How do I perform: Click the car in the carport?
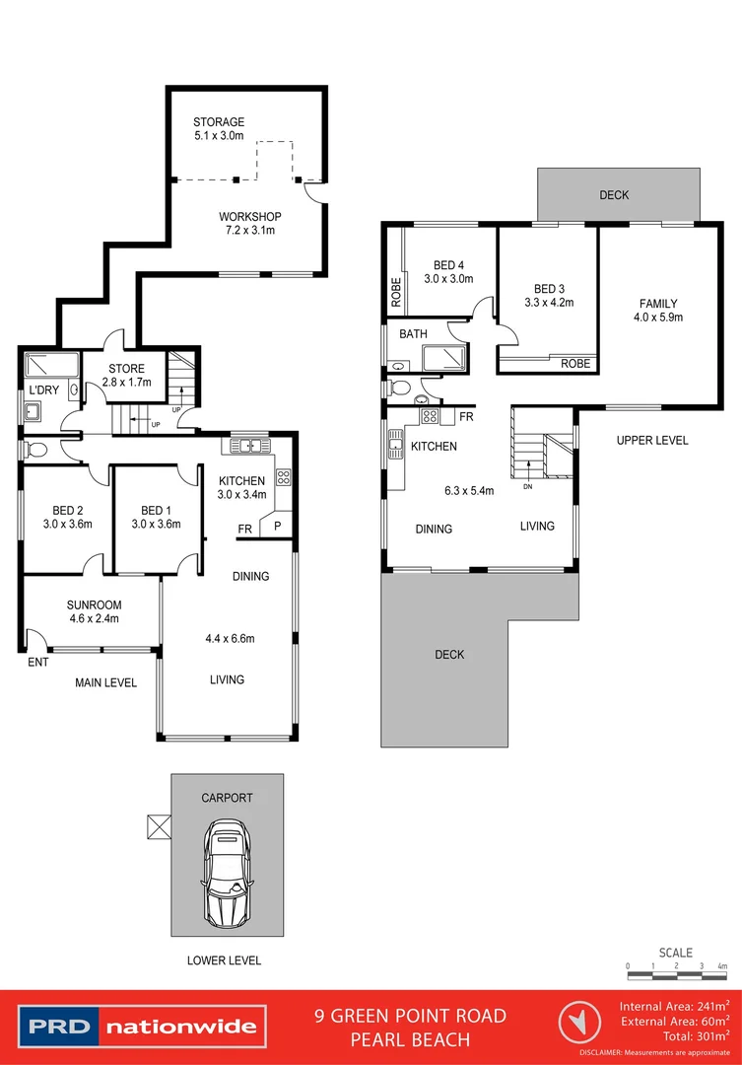(226, 872)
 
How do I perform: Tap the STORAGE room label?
(219, 122)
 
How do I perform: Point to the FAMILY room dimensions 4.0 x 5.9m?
(658, 318)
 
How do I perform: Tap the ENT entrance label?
(37, 663)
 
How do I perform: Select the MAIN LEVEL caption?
(106, 682)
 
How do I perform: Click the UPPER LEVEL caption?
(652, 440)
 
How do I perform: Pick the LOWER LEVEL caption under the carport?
(225, 959)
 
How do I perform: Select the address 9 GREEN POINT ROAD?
(410, 1016)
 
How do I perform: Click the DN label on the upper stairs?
(527, 485)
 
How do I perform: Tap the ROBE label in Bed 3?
(576, 364)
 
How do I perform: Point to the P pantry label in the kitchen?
(278, 526)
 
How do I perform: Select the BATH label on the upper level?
(413, 334)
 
